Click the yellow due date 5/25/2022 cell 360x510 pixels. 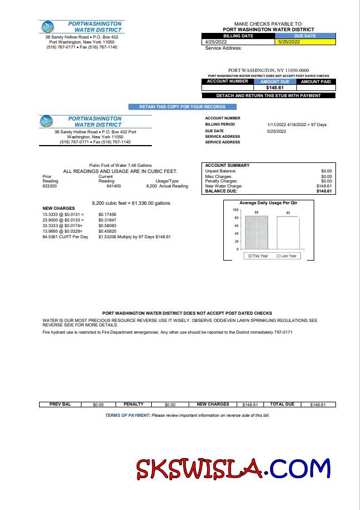tap(305, 42)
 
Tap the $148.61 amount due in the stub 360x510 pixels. tap(275, 88)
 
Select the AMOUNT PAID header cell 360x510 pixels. tap(315, 81)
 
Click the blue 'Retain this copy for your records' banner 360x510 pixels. tap(183, 107)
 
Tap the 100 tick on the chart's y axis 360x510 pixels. tap(236, 210)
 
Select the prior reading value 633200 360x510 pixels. tap(50, 186)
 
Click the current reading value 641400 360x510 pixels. tap(114, 186)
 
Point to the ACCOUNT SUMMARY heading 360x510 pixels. tap(227, 166)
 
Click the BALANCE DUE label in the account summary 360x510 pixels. tap(222, 191)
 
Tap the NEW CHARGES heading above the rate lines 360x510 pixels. tap(59, 209)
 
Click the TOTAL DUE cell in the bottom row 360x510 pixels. tap(282, 404)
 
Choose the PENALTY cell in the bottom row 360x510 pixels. tap(133, 404)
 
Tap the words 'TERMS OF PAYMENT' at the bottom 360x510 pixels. tap(128, 415)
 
